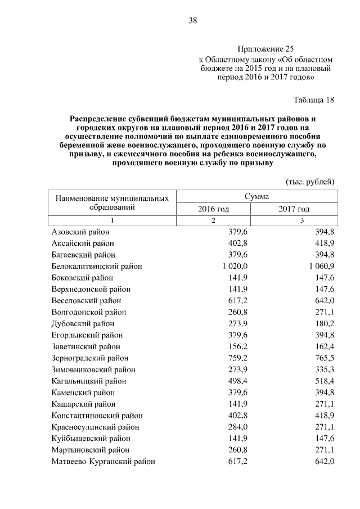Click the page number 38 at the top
(192, 21)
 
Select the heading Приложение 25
(265, 49)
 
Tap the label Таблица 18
(314, 100)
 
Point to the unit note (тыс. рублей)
(310, 181)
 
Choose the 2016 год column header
(213, 209)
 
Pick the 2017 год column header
(294, 209)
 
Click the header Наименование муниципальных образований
(112, 202)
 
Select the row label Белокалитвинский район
(96, 266)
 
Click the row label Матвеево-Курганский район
(103, 461)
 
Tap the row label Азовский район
(80, 232)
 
